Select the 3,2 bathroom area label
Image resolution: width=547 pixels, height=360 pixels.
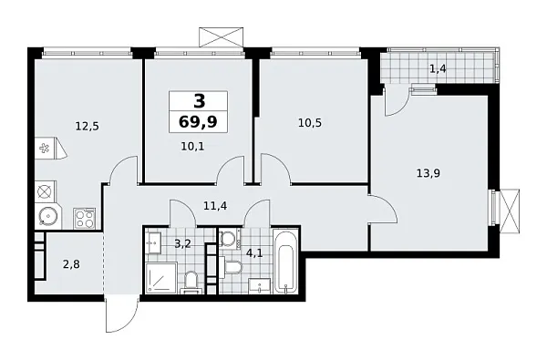pyautogui.click(x=181, y=242)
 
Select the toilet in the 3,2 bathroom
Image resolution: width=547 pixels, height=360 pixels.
pyautogui.click(x=191, y=281)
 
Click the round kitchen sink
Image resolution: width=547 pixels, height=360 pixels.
pyautogui.click(x=46, y=217)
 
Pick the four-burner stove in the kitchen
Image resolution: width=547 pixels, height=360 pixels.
pyautogui.click(x=84, y=218)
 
